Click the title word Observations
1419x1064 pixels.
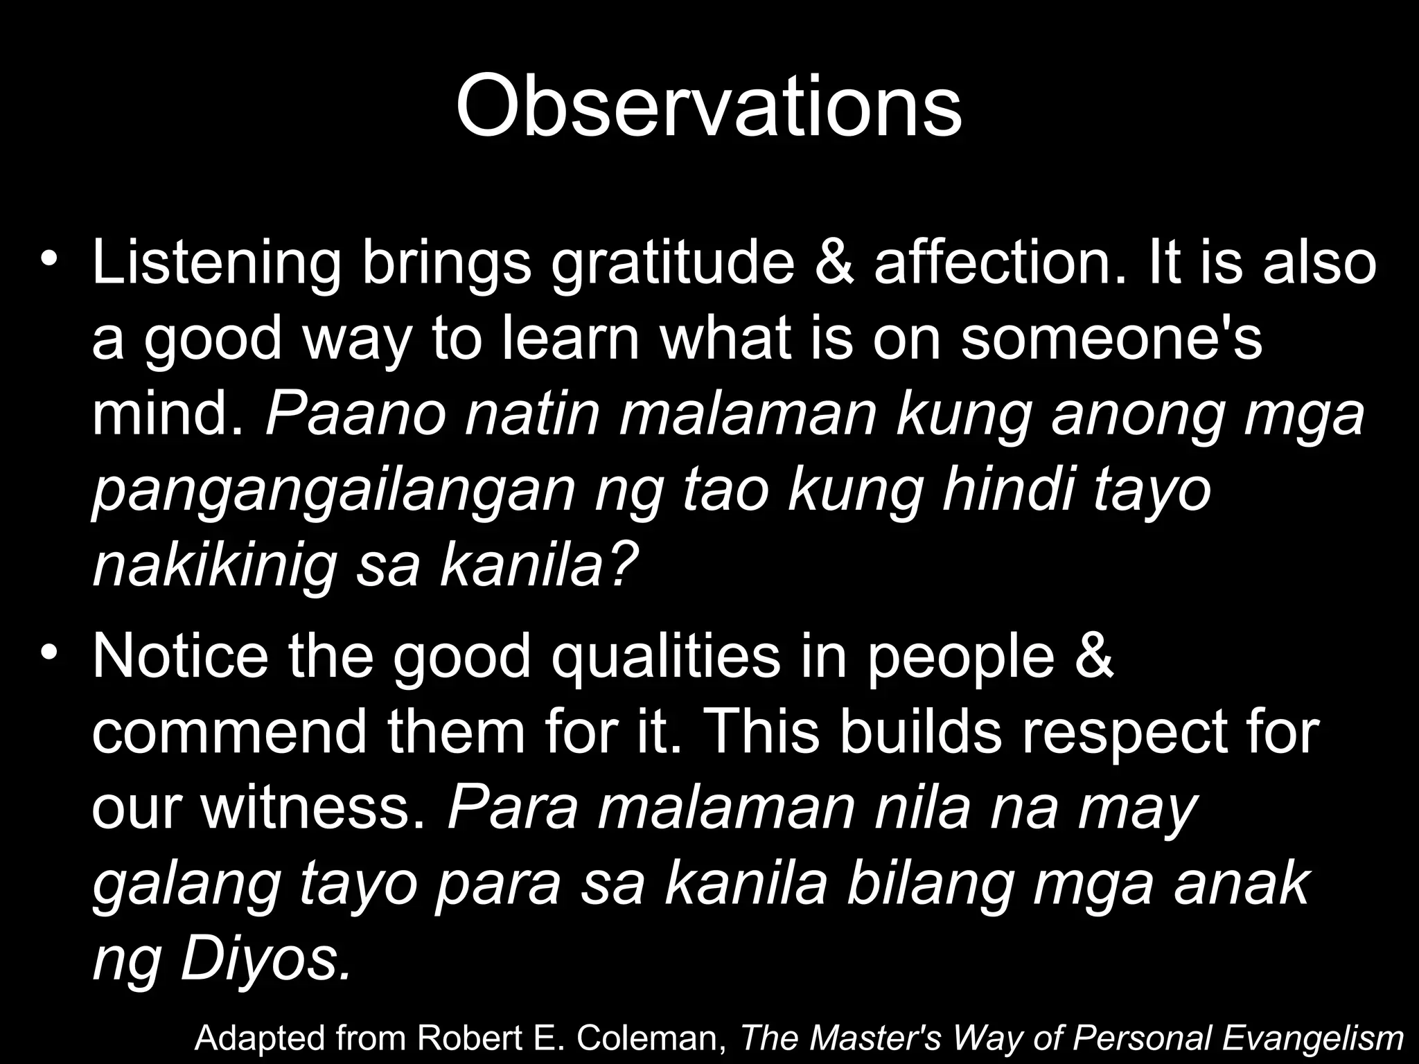point(708,106)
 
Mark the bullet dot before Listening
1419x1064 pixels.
point(47,260)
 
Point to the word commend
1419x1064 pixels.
point(229,733)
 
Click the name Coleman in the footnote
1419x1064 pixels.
point(647,1038)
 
